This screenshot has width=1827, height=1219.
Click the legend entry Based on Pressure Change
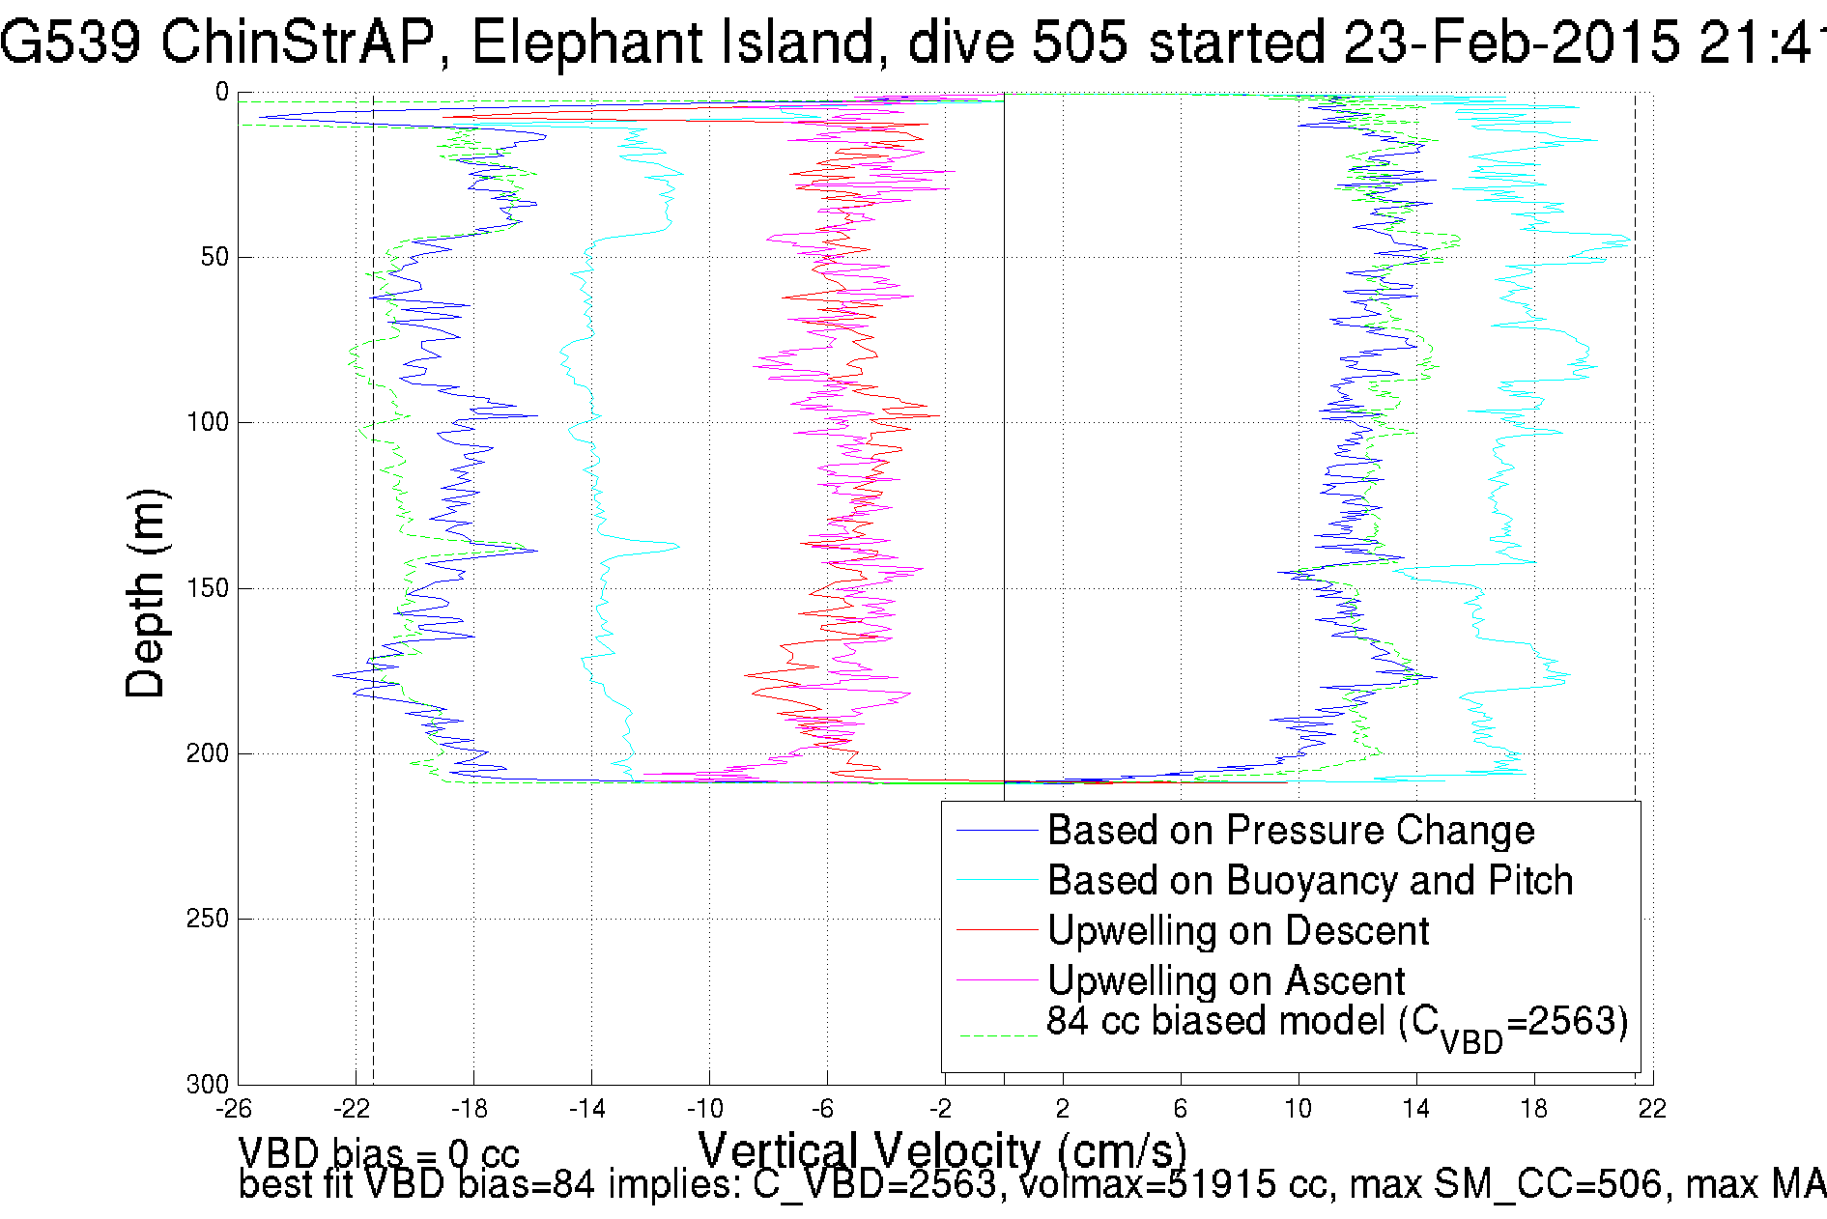[1291, 831]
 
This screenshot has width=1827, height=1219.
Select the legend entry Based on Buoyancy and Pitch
[1310, 881]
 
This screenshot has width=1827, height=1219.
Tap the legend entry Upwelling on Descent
[1238, 931]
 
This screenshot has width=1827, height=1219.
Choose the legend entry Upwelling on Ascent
[1226, 981]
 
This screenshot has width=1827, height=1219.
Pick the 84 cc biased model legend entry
[1337, 1024]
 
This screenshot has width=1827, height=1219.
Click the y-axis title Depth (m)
[147, 593]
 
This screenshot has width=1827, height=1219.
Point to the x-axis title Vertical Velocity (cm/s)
[942, 1150]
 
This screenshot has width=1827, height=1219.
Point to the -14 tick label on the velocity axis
[586, 1109]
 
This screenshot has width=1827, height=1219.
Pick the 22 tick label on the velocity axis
[1652, 1109]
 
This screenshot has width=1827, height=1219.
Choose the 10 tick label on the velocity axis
[1298, 1109]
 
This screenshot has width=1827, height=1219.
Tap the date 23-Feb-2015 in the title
[1511, 43]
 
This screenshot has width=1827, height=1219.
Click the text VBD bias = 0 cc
[379, 1153]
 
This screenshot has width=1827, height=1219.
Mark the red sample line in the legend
[996, 930]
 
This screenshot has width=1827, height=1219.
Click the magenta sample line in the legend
[996, 980]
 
